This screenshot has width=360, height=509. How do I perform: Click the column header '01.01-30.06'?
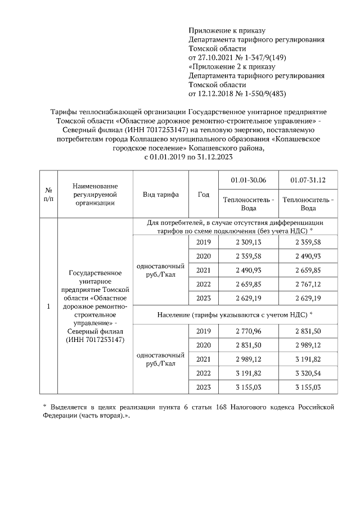tap(248, 179)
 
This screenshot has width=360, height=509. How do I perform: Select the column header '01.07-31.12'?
tap(308, 179)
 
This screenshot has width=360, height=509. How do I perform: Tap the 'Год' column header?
tap(203, 195)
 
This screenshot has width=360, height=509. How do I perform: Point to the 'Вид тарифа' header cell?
tap(161, 195)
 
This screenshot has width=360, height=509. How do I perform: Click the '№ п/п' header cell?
tap(48, 195)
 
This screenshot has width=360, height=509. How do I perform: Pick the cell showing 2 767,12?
tap(308, 284)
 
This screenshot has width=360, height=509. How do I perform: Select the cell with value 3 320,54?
tap(308, 373)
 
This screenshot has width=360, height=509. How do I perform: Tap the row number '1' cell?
tap(48, 307)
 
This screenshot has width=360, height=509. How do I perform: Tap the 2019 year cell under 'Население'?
tap(203, 331)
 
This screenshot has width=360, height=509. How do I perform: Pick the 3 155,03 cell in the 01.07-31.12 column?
tap(308, 388)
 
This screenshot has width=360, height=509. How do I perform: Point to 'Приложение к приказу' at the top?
tap(226, 30)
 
